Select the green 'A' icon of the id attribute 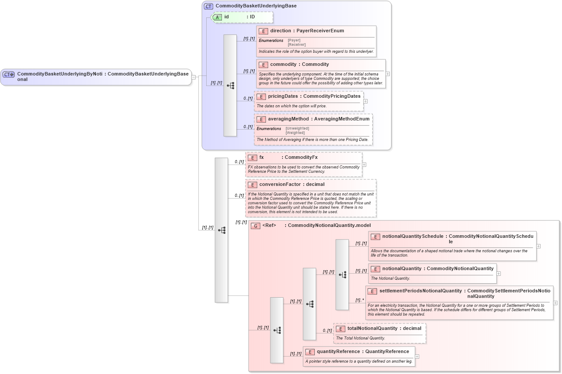pos(217,17)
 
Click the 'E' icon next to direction pos(263,31)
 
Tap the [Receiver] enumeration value pos(296,45)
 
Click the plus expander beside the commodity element pos(388,74)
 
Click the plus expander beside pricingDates pos(365,101)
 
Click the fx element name pos(262,158)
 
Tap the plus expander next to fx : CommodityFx pos(364,165)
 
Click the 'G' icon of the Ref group pos(255,226)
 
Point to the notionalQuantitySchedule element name pos(412,236)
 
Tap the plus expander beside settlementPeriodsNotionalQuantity pos(555,302)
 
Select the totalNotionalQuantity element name pos(372,329)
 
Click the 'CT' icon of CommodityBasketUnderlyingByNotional pos(9,74)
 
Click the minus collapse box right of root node pos(194,77)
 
